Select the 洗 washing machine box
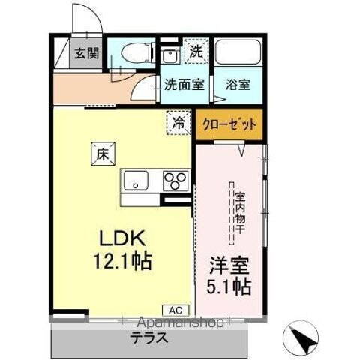click(x=195, y=52)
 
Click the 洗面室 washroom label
click(x=184, y=84)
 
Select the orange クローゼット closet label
click(x=230, y=124)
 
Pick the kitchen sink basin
click(x=138, y=181)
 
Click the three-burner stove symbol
click(x=176, y=181)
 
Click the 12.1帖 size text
click(x=123, y=261)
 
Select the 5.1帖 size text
click(x=229, y=287)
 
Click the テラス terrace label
click(x=149, y=338)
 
